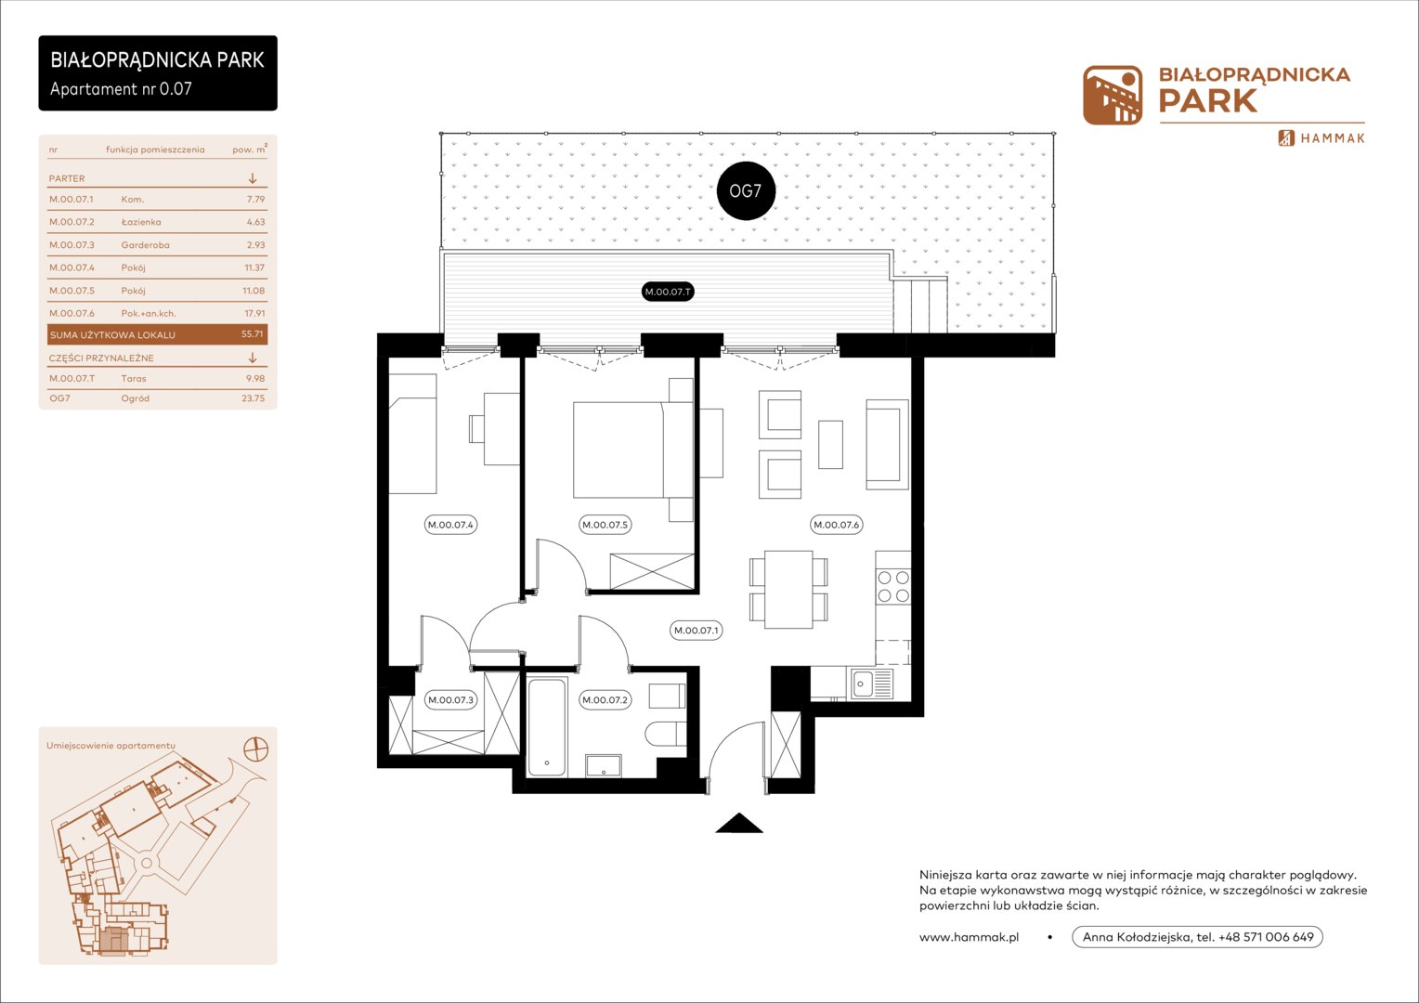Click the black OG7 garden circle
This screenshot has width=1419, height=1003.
click(x=746, y=190)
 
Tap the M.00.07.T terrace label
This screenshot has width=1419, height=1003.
click(x=668, y=292)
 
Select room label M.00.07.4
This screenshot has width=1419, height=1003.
click(x=450, y=525)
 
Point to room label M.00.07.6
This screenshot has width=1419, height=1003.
click(x=836, y=525)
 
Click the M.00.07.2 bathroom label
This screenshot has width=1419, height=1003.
click(x=605, y=700)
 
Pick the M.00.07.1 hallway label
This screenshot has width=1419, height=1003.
click(x=696, y=631)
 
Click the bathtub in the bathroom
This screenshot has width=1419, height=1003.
click(x=547, y=727)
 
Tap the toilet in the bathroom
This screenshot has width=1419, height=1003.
click(x=666, y=735)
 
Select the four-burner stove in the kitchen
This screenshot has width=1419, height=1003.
click(x=893, y=586)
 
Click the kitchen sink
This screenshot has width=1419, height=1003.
click(x=872, y=684)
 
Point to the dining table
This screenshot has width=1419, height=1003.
click(x=788, y=590)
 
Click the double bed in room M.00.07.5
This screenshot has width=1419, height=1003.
click(x=633, y=449)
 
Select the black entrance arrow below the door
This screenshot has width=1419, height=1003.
click(x=739, y=823)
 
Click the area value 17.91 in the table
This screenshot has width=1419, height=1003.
click(x=254, y=313)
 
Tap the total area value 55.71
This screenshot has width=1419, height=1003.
click(x=252, y=334)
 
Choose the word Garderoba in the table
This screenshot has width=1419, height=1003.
click(x=145, y=244)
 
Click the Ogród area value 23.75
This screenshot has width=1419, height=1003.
click(x=254, y=398)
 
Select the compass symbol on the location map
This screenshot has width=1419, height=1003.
click(x=256, y=749)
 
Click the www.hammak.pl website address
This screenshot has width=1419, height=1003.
click(x=970, y=937)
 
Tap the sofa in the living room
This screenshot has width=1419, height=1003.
click(x=888, y=444)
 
